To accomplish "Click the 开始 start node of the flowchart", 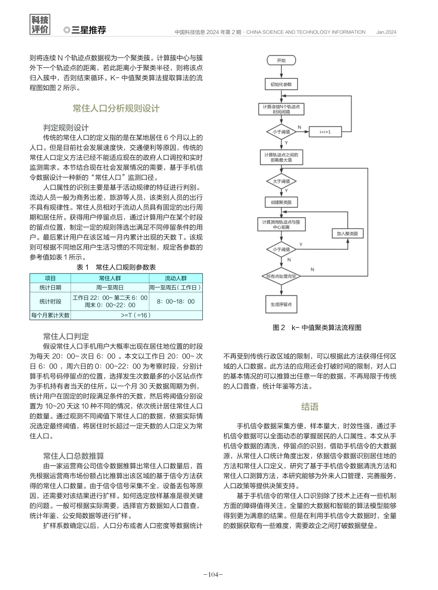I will point(281,61).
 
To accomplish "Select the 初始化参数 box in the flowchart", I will point(281,84).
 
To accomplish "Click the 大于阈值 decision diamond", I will point(281,181).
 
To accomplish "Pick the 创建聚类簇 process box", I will point(281,202).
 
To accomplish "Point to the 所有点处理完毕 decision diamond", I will point(281,276).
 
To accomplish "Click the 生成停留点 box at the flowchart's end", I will point(281,304).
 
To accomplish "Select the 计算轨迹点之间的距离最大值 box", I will point(281,156).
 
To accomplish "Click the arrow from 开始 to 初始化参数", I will point(281,72).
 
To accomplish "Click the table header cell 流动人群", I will point(176,278).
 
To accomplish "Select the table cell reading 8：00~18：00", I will point(176,301).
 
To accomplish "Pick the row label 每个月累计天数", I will point(50,316).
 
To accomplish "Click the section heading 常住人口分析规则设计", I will point(116,108).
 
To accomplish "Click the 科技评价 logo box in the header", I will point(40,25).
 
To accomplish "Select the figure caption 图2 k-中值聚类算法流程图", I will point(317,328).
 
